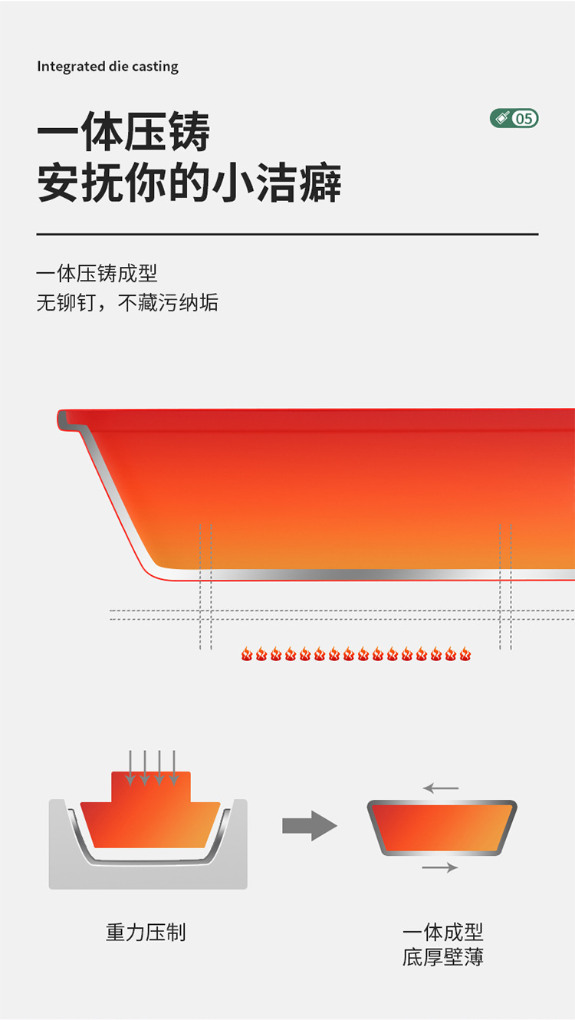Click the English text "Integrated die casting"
point(107,67)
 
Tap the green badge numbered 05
point(514,118)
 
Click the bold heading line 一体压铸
point(123,133)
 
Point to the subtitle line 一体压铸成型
point(97,274)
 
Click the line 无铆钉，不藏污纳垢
point(127,303)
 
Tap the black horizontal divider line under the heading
point(287,234)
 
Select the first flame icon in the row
point(247,654)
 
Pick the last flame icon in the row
point(465,654)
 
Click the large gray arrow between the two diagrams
point(310,826)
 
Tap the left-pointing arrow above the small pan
point(440,788)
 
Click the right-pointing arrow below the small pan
point(440,867)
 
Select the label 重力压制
point(146,933)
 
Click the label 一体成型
point(443,933)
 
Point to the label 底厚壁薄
point(443,957)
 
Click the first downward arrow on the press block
point(130,768)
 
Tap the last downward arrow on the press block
point(174,768)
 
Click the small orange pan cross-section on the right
point(442,828)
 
